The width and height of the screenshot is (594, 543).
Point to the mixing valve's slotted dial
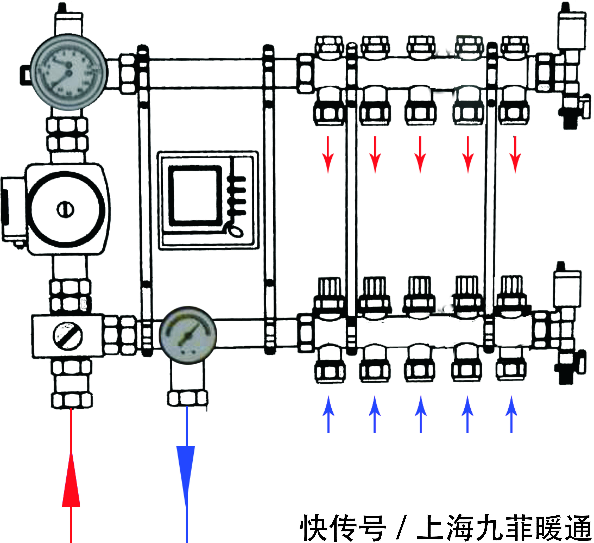point(67,336)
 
